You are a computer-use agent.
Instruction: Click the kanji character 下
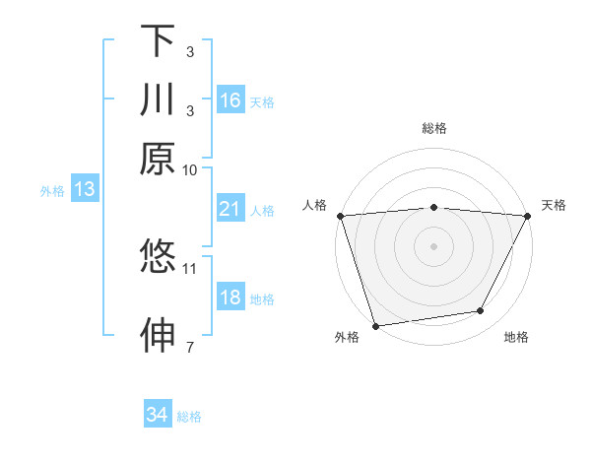click(x=158, y=40)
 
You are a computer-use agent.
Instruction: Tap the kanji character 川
click(x=158, y=100)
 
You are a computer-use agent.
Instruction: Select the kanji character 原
click(x=158, y=160)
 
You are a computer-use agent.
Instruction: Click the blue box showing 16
click(x=230, y=100)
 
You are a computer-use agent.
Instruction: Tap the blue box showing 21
click(x=230, y=209)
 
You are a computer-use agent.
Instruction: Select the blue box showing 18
click(x=230, y=298)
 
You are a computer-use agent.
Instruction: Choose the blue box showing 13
click(x=84, y=189)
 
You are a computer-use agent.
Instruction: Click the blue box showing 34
click(x=157, y=415)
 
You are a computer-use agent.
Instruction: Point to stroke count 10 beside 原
click(x=190, y=169)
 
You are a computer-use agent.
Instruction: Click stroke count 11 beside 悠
click(x=190, y=267)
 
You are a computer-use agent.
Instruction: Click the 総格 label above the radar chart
click(x=433, y=128)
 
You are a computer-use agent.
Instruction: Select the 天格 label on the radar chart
click(x=554, y=205)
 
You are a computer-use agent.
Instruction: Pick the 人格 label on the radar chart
click(x=314, y=205)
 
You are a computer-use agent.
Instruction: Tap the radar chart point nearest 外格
click(x=375, y=325)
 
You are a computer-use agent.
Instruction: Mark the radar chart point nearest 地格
click(x=481, y=311)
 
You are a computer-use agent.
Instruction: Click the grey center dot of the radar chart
click(x=433, y=245)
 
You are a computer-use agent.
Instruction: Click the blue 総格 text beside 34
click(x=189, y=417)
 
